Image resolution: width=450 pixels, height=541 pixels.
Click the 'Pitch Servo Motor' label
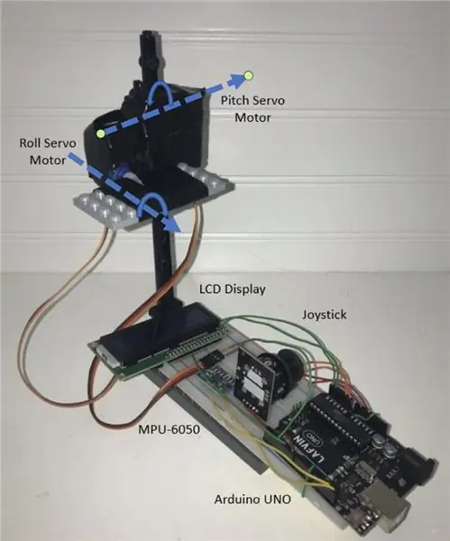point(253,109)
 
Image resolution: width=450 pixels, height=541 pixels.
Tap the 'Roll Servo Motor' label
point(48,151)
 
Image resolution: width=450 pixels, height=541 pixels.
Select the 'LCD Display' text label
point(233,289)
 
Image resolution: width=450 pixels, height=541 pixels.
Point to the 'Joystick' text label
point(325,315)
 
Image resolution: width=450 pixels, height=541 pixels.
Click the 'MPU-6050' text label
point(170,429)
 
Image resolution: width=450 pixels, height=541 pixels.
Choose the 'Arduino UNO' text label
point(253,500)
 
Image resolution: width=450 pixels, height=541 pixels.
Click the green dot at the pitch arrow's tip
point(248,76)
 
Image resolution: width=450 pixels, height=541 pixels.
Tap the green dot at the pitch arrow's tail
point(100,133)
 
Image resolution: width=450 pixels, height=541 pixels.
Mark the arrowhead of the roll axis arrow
point(172,225)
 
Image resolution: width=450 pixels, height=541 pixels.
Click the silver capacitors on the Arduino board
point(386,446)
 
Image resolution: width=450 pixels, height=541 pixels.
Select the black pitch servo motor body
point(149,128)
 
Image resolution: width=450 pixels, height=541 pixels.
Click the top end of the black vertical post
point(152,34)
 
